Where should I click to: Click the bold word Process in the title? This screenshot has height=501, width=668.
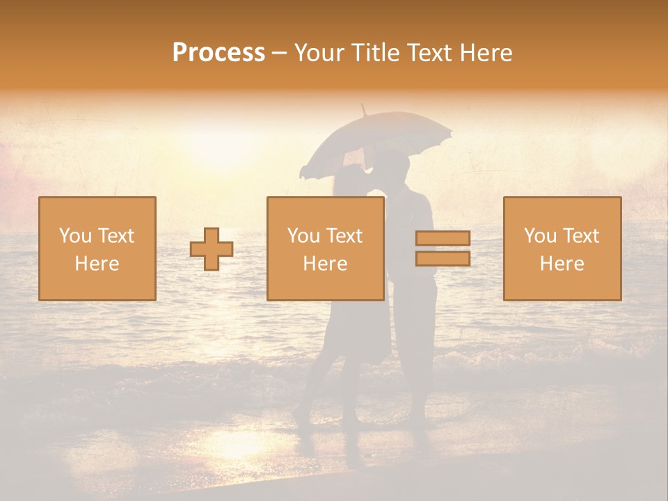(x=218, y=52)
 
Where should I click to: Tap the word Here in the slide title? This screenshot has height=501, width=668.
(x=485, y=52)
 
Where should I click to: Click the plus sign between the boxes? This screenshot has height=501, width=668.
(x=212, y=249)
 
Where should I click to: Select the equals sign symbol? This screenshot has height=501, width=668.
(x=443, y=248)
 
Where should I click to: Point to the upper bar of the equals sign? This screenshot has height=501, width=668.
(x=443, y=239)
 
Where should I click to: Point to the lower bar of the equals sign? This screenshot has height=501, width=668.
(x=443, y=258)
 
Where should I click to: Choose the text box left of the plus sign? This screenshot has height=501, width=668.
(x=97, y=248)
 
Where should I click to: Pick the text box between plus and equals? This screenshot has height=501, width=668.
(x=326, y=248)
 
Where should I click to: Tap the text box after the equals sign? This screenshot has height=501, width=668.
(x=562, y=248)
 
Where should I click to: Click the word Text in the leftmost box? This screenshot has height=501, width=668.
(x=116, y=236)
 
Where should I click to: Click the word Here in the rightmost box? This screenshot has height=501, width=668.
(x=562, y=264)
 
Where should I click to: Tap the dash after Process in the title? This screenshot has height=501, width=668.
(x=279, y=53)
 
